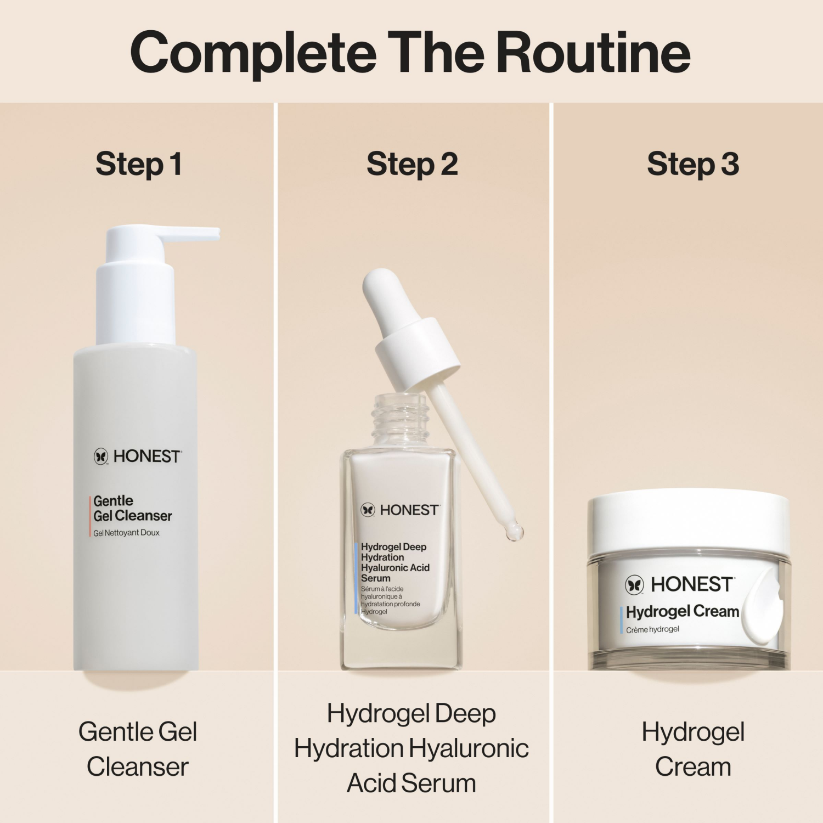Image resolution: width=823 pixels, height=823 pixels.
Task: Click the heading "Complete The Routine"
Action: pos(410,53)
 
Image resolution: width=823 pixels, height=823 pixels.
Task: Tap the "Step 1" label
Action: pos(138,164)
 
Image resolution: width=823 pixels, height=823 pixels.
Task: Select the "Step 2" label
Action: pos(412,164)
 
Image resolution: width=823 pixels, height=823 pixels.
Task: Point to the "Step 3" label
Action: pos(693,164)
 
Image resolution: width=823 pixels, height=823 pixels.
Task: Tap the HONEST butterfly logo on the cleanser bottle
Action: pos(101,456)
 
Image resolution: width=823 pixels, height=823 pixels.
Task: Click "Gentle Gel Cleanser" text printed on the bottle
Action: pos(132,508)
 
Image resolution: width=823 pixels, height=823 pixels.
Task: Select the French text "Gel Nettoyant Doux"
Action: pos(126,533)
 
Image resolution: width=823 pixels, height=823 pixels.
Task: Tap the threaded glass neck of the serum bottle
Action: pos(399,420)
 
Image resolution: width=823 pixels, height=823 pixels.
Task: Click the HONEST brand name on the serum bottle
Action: pos(409,510)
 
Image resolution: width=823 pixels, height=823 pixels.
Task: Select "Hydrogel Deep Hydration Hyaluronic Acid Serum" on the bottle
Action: pos(394,562)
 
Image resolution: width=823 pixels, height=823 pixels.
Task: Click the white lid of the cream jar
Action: pos(689,521)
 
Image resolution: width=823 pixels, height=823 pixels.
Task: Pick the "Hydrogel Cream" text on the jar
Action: pos(682,611)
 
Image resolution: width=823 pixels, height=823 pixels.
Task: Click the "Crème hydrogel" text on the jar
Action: pos(652,629)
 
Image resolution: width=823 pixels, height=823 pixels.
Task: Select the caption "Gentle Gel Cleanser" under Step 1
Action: pos(138,749)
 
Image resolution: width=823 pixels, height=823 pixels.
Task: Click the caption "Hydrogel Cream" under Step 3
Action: pos(693,749)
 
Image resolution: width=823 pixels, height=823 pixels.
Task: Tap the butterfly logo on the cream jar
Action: pos(635,585)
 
